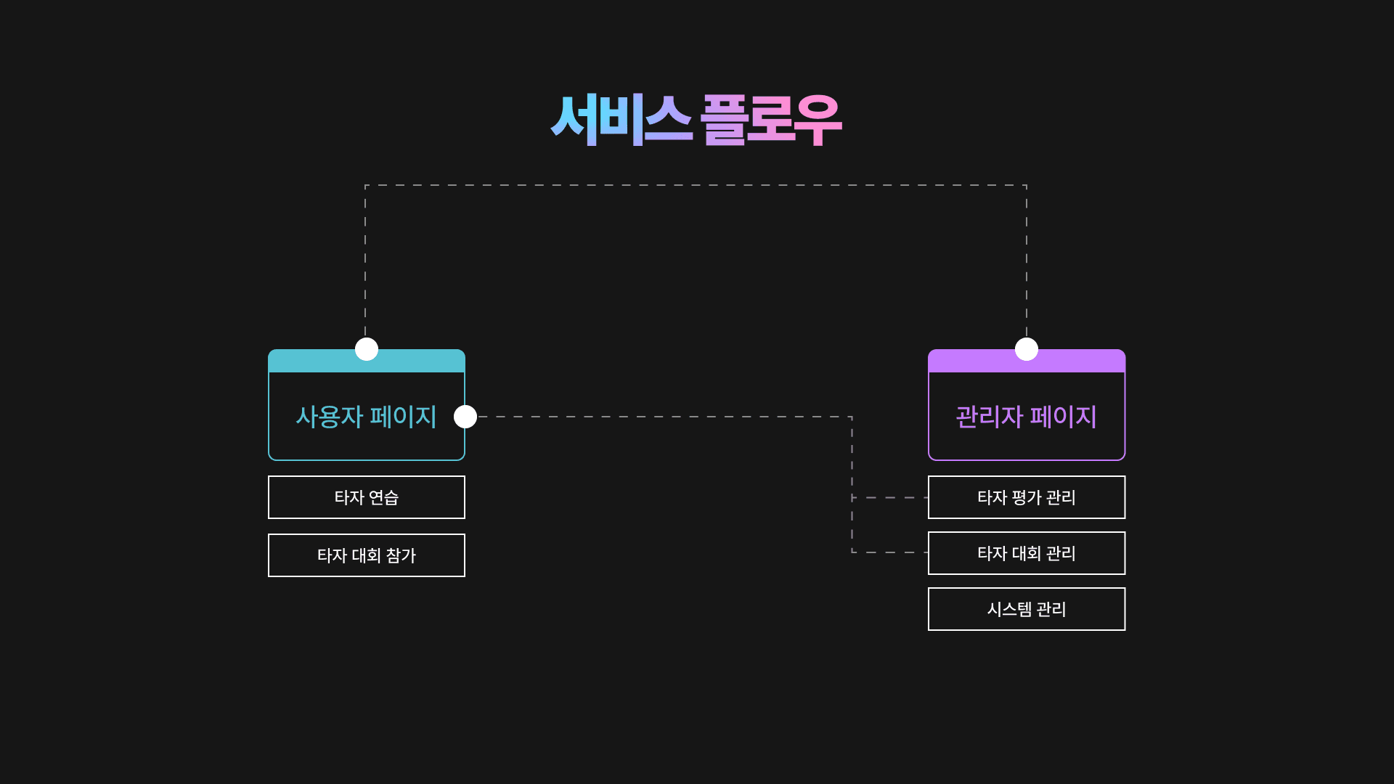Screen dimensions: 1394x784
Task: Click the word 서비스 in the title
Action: (621, 120)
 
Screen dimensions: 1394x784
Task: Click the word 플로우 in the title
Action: (771, 120)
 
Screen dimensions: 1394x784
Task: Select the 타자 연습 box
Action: (366, 497)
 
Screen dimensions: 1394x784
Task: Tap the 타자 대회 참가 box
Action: (366, 555)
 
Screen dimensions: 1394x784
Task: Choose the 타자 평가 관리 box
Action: (1026, 497)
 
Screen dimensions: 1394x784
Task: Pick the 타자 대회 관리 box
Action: (1026, 553)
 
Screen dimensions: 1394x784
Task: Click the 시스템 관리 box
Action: (1026, 609)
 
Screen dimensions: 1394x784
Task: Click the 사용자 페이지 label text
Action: (366, 417)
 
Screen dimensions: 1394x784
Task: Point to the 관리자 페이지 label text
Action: (1026, 417)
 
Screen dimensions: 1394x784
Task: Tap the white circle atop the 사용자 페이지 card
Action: (367, 349)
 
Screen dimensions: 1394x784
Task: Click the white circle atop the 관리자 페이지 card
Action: (1026, 349)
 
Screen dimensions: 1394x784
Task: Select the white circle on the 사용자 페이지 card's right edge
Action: (465, 417)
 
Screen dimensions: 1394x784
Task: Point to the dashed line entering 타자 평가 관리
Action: (890, 497)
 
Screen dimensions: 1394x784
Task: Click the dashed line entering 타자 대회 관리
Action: (890, 552)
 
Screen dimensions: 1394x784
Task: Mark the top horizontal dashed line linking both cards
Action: (696, 185)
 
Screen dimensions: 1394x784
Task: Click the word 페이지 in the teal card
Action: (403, 417)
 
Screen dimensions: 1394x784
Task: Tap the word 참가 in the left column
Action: (401, 555)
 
